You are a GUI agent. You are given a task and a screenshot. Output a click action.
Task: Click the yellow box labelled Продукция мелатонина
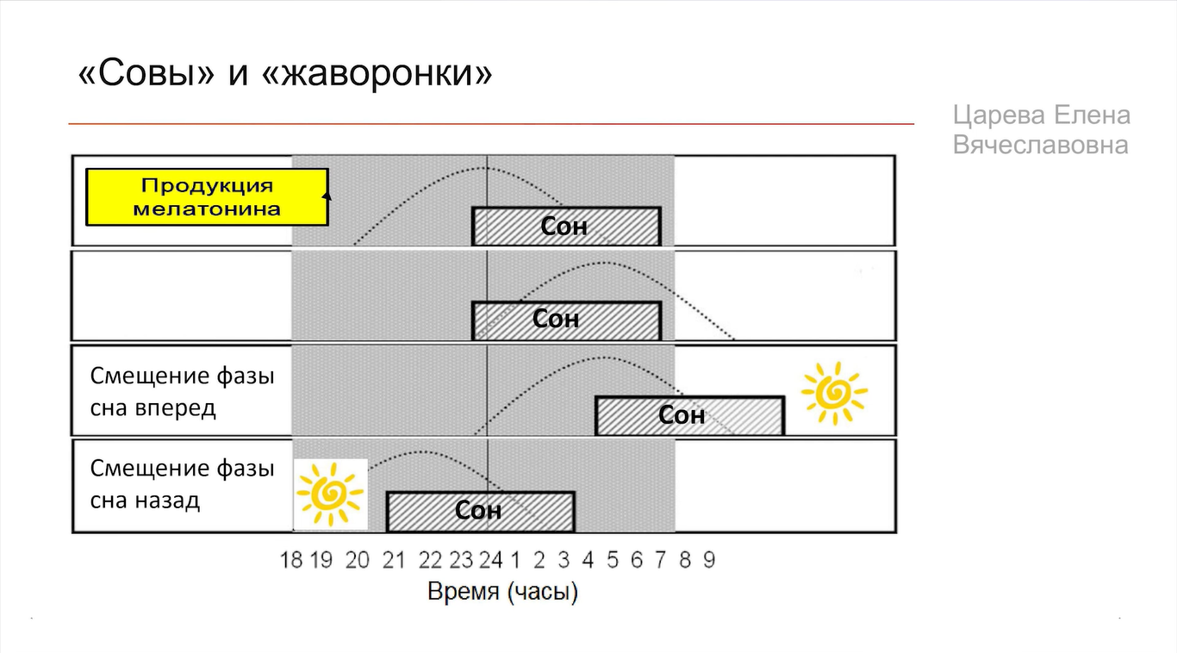(206, 196)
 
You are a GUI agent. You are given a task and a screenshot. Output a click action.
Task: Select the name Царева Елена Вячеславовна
(1041, 130)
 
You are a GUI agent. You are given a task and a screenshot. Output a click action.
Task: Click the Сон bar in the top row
(565, 226)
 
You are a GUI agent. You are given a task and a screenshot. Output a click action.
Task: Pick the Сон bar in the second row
(565, 320)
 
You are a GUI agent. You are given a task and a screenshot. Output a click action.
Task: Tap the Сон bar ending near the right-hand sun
(689, 415)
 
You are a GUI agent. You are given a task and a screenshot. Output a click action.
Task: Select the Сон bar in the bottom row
(479, 511)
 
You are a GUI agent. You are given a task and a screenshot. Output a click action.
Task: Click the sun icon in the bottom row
(330, 494)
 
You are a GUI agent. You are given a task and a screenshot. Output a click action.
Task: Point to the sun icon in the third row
(833, 393)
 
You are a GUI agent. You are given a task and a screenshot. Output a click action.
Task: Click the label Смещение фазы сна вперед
(182, 391)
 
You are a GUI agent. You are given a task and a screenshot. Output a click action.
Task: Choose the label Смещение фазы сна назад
(182, 484)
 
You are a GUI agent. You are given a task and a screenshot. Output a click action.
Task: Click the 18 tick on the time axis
(291, 561)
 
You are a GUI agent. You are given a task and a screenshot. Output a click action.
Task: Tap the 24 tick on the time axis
(490, 561)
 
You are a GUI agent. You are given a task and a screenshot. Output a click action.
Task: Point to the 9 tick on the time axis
(708, 561)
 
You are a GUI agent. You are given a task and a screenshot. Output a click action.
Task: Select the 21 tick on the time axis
(393, 561)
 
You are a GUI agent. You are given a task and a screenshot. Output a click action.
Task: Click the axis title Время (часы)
(502, 593)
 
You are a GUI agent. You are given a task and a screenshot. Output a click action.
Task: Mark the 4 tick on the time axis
(588, 561)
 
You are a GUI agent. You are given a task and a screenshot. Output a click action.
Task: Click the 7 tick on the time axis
(660, 561)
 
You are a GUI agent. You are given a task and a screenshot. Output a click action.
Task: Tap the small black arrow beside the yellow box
(326, 196)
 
